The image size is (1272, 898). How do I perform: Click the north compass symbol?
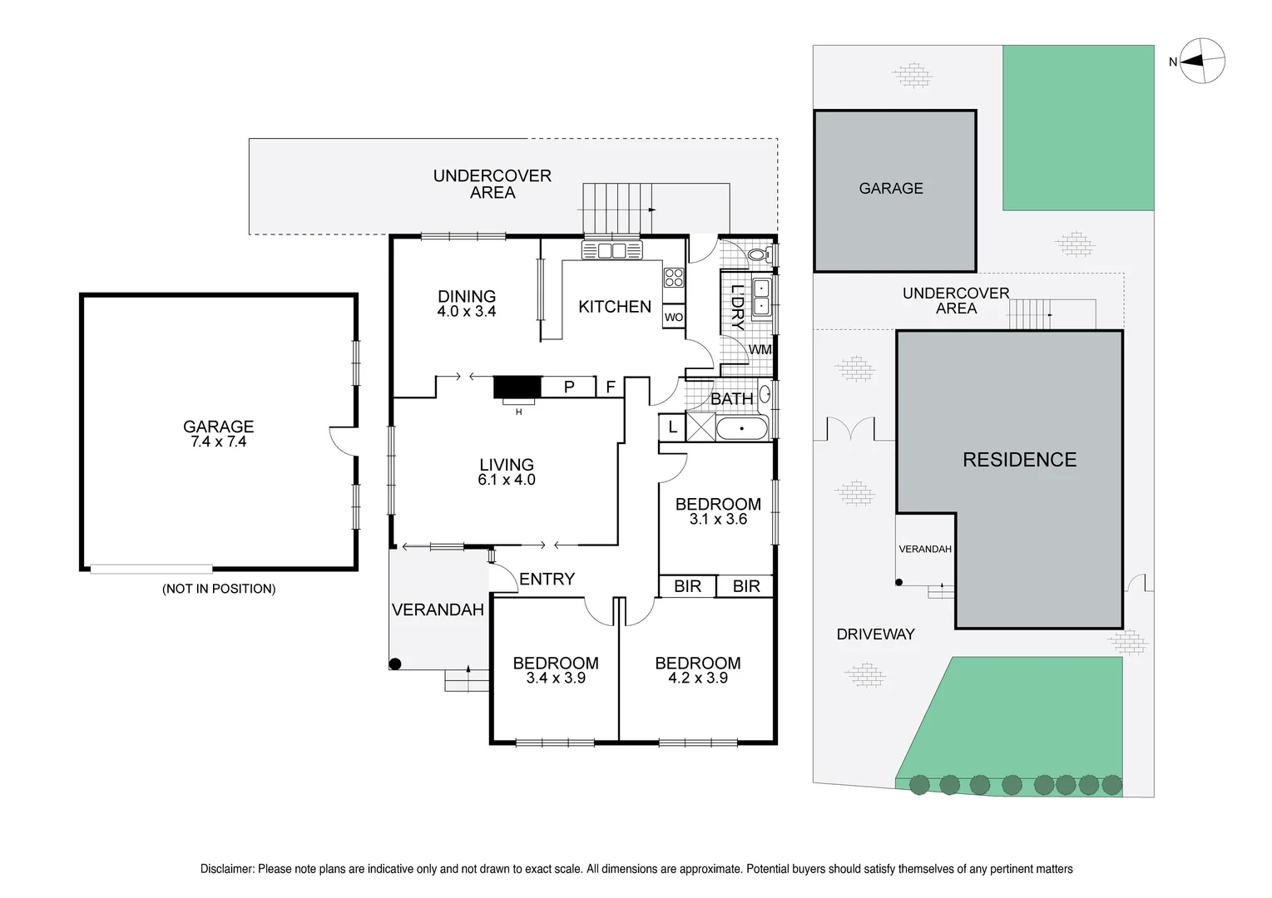tap(1203, 61)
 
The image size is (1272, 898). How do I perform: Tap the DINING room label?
tap(467, 296)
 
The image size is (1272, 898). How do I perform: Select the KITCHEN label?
tap(615, 307)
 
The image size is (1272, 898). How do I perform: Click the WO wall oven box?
tap(674, 318)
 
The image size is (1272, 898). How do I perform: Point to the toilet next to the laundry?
tap(758, 254)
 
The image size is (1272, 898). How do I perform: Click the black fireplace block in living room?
tap(517, 387)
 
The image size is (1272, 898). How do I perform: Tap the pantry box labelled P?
tap(569, 387)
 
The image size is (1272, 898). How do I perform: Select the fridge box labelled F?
tap(610, 387)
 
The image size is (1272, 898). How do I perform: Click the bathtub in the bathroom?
tap(742, 429)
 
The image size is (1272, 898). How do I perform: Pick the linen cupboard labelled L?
tap(672, 428)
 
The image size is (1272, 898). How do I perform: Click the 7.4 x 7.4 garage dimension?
tap(219, 442)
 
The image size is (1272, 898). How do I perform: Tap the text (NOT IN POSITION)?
tap(219, 589)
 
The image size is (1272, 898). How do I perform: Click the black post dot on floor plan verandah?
tap(396, 664)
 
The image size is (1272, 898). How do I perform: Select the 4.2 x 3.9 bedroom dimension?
tap(698, 678)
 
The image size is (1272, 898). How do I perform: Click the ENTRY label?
tap(547, 580)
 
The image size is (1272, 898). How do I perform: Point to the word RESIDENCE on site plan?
tap(1019, 460)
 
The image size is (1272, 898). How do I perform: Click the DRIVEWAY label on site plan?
tap(875, 634)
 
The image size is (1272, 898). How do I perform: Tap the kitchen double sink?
tap(612, 250)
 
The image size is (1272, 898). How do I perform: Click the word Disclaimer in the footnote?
tap(227, 869)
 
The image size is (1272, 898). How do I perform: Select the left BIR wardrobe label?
tap(687, 586)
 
